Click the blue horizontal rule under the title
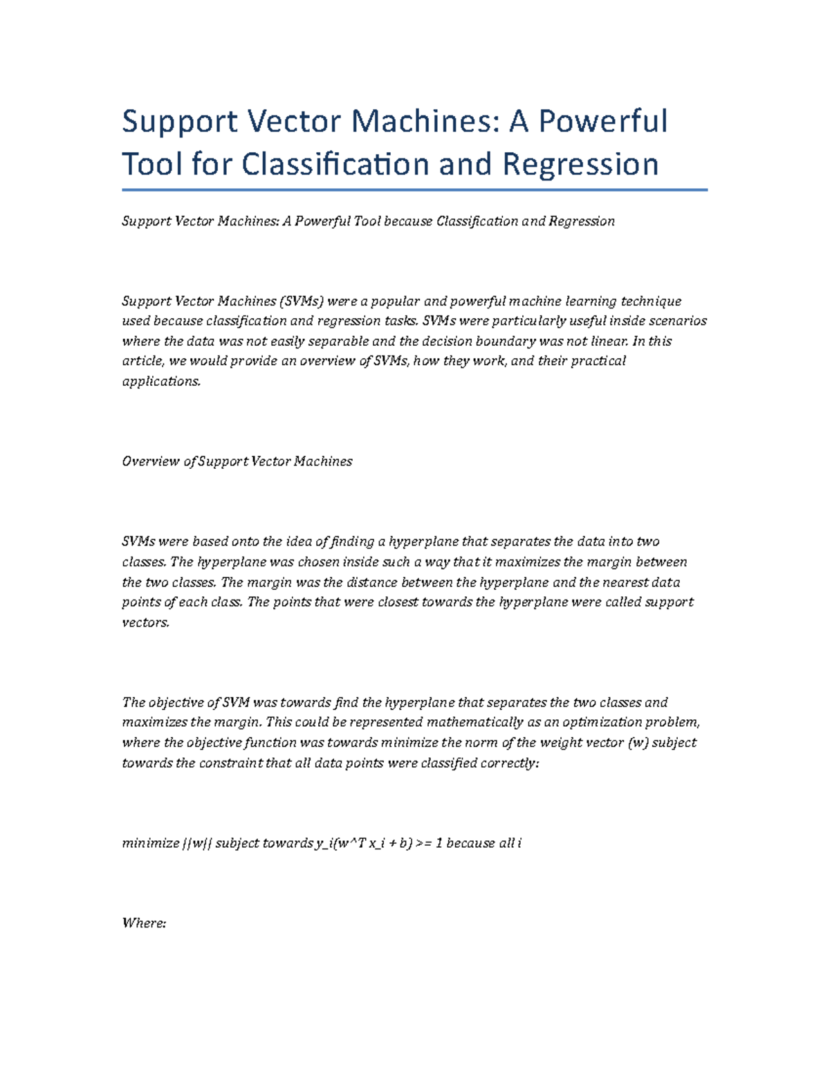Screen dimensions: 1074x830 (414, 189)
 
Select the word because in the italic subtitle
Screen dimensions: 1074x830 (408, 221)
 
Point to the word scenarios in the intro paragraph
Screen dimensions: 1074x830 (678, 321)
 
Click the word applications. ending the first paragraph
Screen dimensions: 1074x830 (161, 382)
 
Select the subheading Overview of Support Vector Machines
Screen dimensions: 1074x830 (237, 461)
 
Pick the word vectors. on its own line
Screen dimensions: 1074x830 (145, 622)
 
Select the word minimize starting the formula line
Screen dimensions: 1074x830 (150, 844)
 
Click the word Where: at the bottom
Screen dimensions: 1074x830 (144, 924)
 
